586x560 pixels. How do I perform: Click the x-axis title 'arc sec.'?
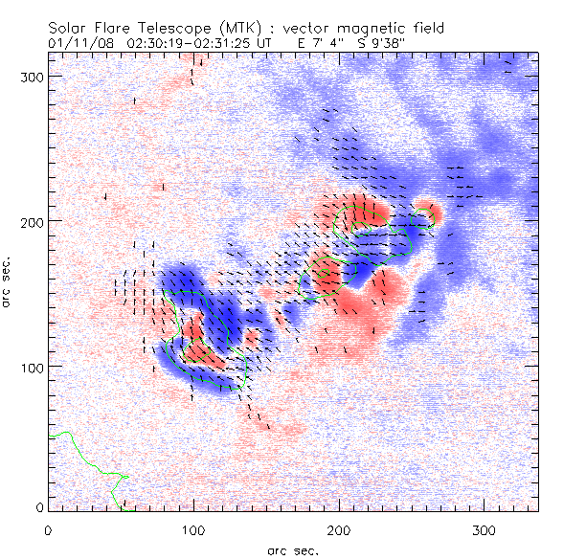pos(293,550)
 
